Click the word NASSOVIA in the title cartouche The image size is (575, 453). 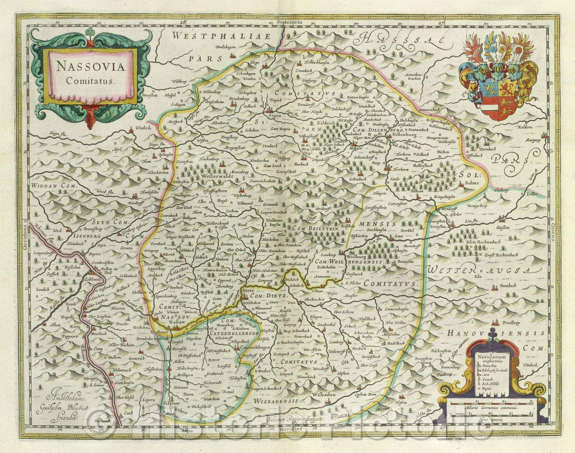coord(89,68)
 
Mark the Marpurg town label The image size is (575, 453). coord(533,142)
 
